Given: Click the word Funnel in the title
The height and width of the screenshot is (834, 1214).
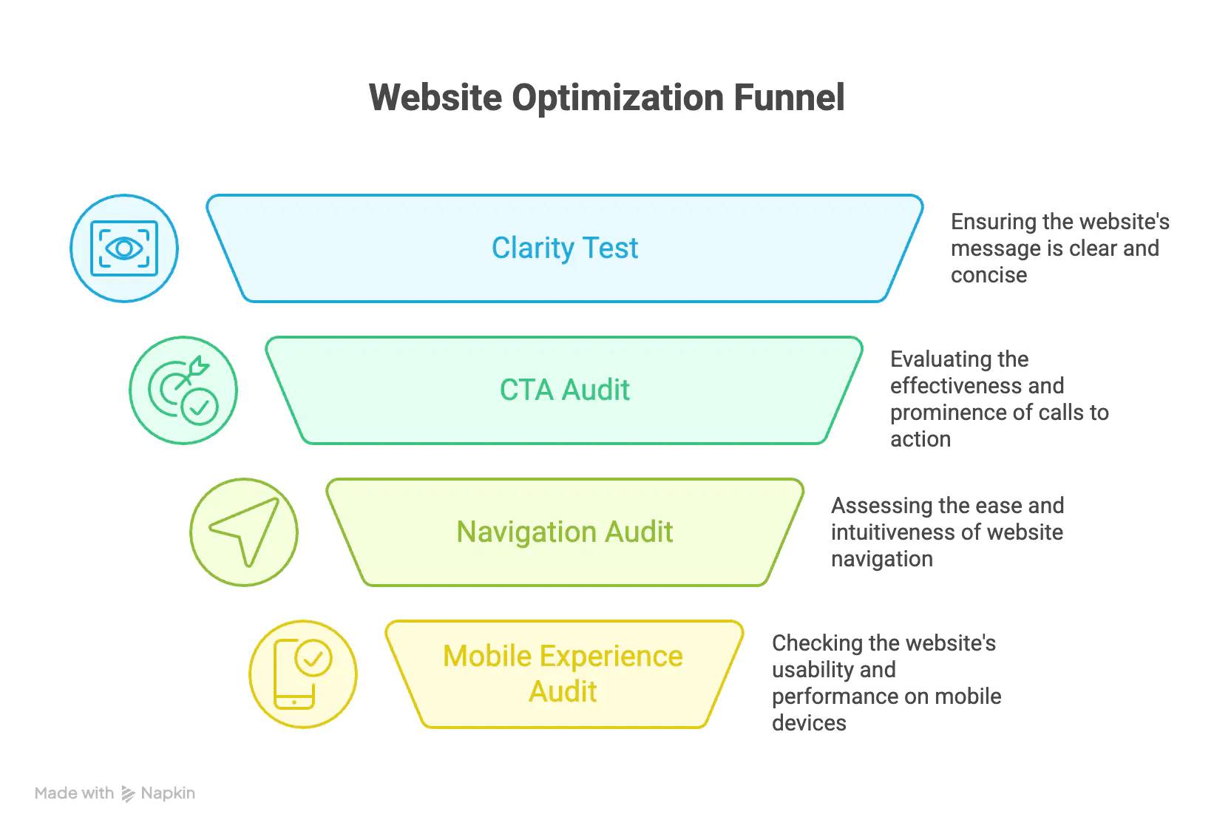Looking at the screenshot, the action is (x=789, y=98).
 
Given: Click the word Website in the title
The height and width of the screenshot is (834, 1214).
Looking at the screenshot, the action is (x=435, y=98).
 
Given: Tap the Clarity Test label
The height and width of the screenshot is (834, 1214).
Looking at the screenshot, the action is (x=565, y=248).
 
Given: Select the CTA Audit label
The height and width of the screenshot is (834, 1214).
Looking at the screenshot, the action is (x=565, y=390).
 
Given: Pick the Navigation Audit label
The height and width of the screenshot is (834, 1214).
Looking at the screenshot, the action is (x=565, y=532).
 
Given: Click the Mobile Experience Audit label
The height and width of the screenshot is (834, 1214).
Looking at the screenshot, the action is (x=563, y=674).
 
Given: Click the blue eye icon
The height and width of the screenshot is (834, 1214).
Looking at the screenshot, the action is (x=124, y=248).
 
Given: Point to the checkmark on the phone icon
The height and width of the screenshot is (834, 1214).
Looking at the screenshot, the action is (x=313, y=659).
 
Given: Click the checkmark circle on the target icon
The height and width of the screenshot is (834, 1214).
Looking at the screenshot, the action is (x=200, y=407).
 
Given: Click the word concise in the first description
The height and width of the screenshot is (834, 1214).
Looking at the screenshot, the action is (x=989, y=275).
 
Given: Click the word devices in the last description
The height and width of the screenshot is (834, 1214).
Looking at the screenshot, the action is (x=809, y=723).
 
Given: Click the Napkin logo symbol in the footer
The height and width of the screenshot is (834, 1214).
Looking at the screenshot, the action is (x=128, y=793).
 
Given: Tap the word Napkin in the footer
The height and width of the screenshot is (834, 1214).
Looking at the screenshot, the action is (x=168, y=793).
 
